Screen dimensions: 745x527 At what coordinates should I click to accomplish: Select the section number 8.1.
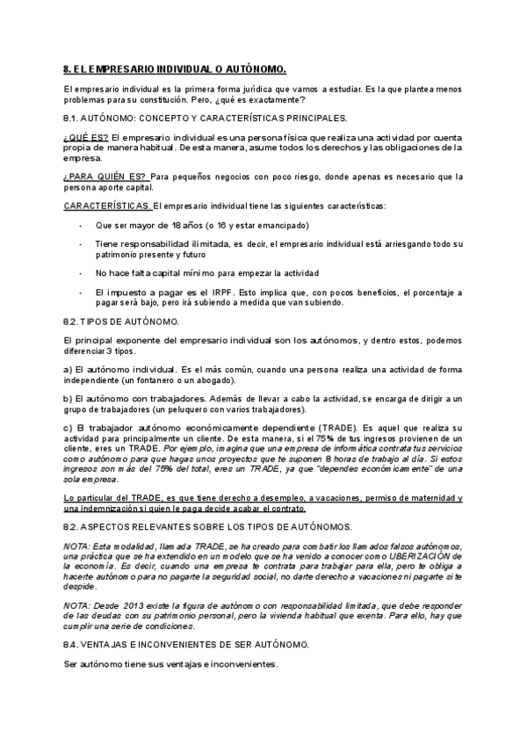(73, 117)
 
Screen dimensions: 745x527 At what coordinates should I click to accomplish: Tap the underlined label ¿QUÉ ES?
(86, 138)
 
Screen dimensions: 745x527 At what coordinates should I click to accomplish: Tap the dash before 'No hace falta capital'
(81, 272)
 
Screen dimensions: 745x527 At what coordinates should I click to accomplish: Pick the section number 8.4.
(73, 644)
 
